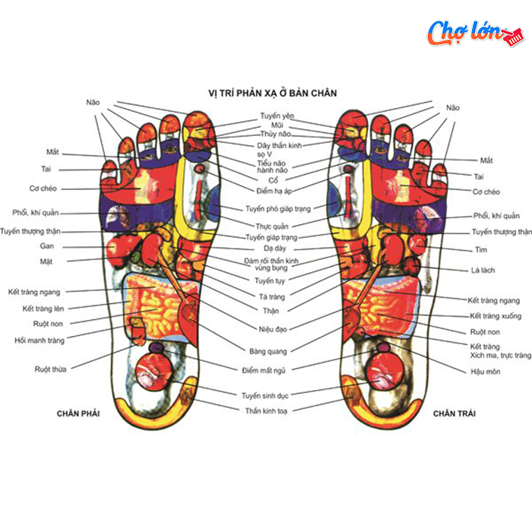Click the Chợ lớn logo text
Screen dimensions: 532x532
[465, 33]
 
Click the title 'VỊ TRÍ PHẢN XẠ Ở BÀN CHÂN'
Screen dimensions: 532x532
[272, 93]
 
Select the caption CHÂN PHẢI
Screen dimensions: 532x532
[78, 413]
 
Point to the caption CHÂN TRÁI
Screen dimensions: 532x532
[454, 413]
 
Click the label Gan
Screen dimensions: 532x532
[47, 246]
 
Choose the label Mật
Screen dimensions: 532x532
[46, 261]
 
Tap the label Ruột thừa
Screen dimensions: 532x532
[51, 369]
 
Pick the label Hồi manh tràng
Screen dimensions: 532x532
[40, 340]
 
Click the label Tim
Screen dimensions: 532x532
[481, 250]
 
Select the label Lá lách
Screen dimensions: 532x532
[483, 271]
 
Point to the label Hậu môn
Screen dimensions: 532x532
[485, 372]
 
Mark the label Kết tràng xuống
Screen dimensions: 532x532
[496, 316]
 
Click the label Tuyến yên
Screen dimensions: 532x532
[277, 116]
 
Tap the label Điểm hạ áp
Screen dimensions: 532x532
[274, 191]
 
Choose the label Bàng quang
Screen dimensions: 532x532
[268, 351]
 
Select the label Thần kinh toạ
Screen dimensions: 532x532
[266, 411]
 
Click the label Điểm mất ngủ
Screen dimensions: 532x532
[264, 371]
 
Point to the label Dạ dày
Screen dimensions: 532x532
[275, 249]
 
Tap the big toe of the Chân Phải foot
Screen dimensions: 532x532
[198, 132]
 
